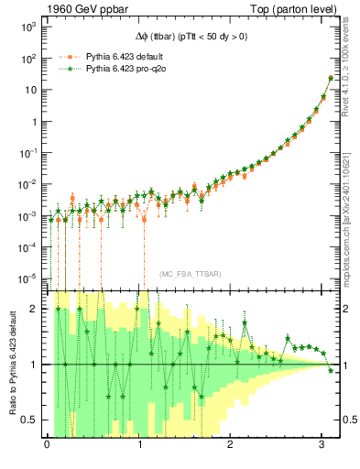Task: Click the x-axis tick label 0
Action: pos(47,445)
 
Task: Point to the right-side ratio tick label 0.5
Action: pos(346,420)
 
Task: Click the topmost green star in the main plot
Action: pos(331,78)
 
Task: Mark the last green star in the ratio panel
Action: pos(331,370)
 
